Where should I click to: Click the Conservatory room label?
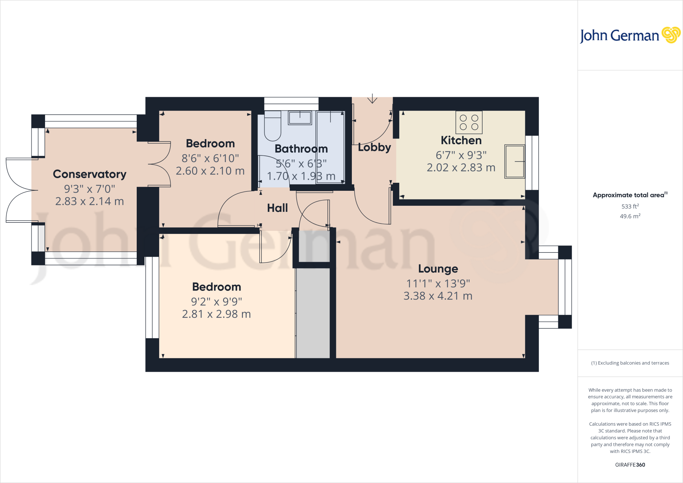tap(89, 174)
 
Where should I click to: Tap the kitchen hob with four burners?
tap(469, 122)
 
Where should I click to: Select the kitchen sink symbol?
tap(515, 161)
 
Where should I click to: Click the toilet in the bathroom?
tap(272, 127)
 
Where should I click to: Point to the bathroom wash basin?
tap(300, 118)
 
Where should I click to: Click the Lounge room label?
tap(438, 269)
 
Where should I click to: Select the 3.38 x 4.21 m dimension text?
tap(438, 296)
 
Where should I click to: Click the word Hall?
tap(277, 208)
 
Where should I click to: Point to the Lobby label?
tap(374, 147)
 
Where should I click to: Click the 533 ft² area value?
tap(630, 206)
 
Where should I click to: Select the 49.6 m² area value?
tap(630, 216)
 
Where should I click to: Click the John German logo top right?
tap(630, 35)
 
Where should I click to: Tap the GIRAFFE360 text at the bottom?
tap(630, 465)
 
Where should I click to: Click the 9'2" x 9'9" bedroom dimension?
tap(216, 302)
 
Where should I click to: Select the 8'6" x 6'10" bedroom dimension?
tap(210, 158)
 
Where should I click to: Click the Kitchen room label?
tap(461, 140)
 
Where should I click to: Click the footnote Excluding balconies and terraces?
tap(630, 363)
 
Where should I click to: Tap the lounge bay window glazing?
tap(565, 287)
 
